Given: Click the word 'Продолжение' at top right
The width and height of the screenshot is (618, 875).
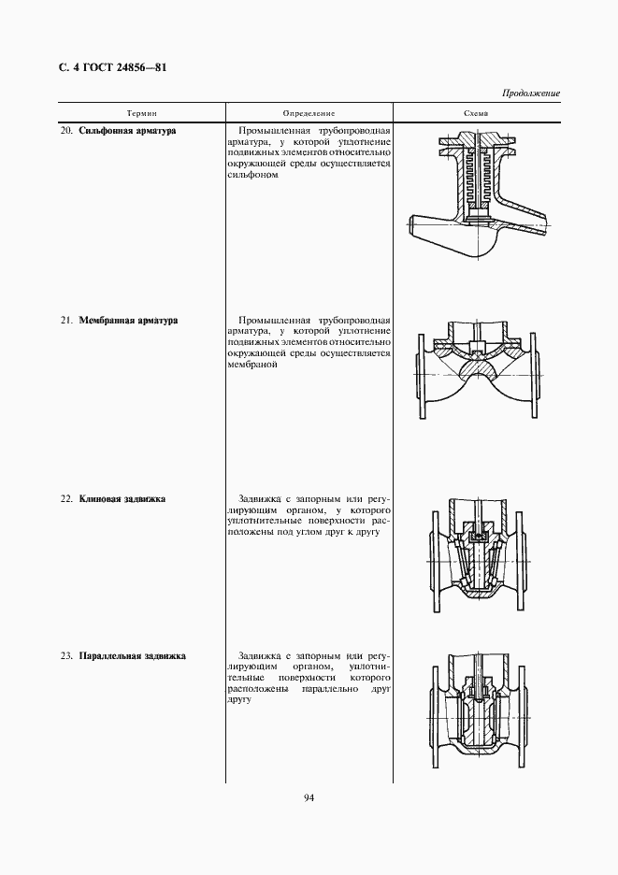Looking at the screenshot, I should pyautogui.click(x=531, y=93).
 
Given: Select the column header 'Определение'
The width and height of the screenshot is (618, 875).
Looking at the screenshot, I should pyautogui.click(x=309, y=112).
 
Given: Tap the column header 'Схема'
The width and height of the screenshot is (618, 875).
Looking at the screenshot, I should pyautogui.click(x=477, y=112).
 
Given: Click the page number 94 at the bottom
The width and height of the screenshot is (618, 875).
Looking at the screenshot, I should pyautogui.click(x=309, y=797).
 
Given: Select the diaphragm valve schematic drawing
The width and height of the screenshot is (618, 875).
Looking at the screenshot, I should pyautogui.click(x=478, y=375).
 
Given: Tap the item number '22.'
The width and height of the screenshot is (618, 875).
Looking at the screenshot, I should pyautogui.click(x=66, y=499).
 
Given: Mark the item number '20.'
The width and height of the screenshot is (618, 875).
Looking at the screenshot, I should pyautogui.click(x=66, y=131).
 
